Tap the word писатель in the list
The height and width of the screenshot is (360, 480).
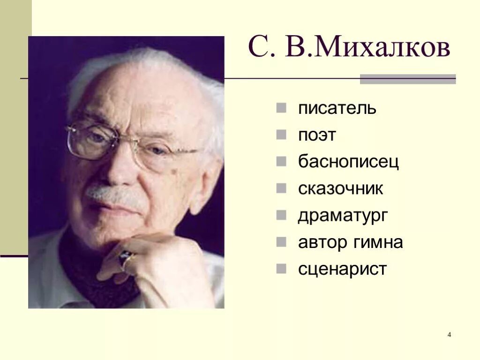point(337,109)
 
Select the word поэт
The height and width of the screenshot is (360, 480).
point(317,135)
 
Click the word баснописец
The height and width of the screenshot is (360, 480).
point(348,162)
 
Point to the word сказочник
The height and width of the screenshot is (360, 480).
point(341,189)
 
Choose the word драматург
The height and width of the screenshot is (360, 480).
point(343,216)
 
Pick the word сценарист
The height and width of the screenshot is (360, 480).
point(343,270)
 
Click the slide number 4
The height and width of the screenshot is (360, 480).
point(449,335)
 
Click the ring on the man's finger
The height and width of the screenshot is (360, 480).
point(126,257)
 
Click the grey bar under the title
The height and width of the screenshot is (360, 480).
point(407,79)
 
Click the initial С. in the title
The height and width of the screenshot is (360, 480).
point(259,48)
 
